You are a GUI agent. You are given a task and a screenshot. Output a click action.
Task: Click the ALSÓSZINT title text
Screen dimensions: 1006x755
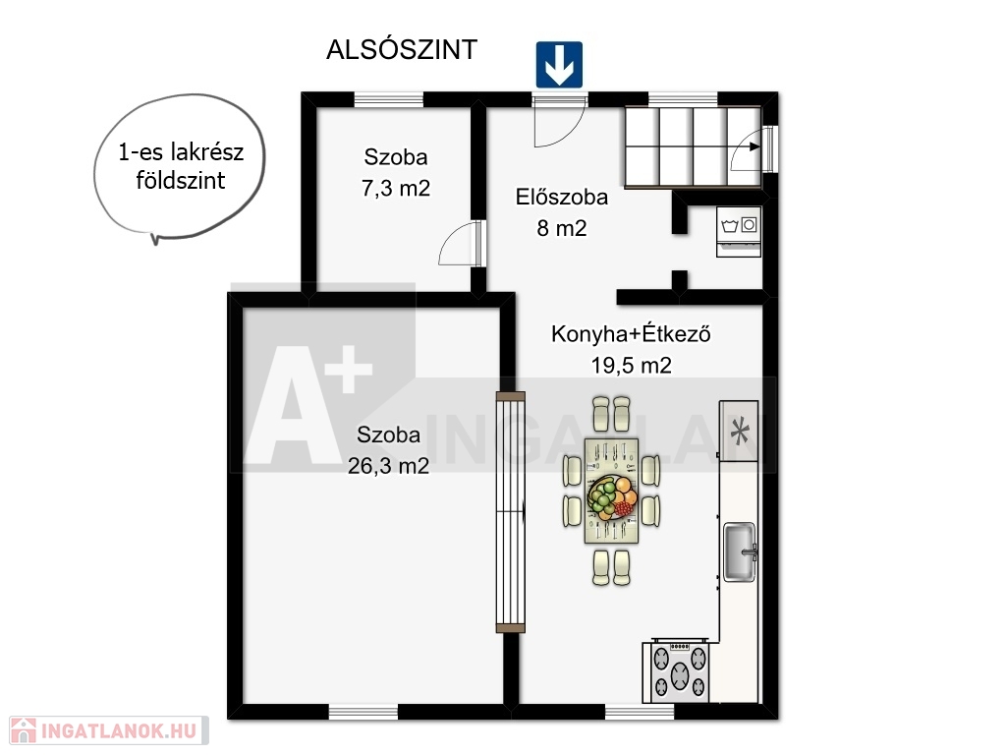402,49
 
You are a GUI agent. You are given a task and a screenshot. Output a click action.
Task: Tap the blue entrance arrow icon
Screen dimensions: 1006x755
559,65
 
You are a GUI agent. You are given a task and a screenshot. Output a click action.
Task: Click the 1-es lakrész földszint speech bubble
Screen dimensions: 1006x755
179,167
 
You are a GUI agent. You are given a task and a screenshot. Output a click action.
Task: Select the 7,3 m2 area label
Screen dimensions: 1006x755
395,189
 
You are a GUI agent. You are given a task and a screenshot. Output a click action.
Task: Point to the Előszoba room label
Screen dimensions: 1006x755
561,197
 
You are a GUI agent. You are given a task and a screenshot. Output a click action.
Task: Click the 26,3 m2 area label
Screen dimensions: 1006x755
388,466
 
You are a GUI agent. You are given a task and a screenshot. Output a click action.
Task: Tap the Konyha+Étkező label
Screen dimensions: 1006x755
631,334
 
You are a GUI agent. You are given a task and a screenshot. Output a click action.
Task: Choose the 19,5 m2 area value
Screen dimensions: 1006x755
631,366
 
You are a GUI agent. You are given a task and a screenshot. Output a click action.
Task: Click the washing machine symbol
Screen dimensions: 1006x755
739,231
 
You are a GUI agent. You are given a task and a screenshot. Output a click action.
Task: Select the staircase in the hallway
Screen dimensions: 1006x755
693,146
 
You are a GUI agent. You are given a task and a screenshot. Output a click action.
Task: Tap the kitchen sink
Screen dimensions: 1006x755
740,552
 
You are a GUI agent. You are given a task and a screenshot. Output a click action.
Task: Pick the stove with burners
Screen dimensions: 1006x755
678,670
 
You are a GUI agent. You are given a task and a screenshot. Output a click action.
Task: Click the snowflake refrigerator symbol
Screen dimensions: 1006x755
739,431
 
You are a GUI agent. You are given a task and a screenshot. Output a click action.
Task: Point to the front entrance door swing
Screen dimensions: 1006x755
559,122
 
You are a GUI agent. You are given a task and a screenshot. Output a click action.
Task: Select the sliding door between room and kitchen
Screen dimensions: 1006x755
511,512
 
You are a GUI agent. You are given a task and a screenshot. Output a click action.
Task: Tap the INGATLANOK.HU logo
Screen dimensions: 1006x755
109,731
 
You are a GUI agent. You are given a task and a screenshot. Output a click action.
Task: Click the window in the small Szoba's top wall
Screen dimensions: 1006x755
389,99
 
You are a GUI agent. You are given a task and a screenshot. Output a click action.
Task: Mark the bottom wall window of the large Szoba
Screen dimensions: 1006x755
363,712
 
